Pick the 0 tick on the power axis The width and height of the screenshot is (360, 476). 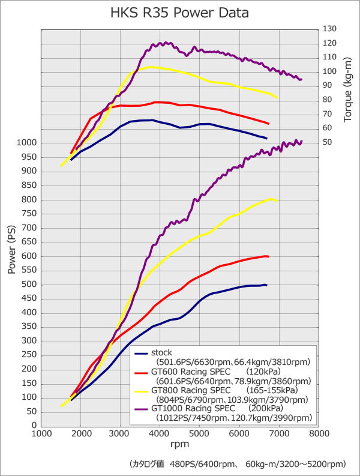34,426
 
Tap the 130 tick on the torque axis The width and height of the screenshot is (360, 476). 329,29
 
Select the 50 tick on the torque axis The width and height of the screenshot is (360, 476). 327,142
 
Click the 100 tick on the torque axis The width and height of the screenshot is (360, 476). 329,71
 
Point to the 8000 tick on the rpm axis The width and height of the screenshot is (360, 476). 319,433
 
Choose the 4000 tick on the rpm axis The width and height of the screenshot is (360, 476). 160,433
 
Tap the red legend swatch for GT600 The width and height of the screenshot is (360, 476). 141,373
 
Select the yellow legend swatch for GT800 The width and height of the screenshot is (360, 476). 141,391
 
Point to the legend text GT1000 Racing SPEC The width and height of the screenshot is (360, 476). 191,409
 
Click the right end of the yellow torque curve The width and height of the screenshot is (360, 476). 277,97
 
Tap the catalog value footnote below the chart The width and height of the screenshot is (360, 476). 238,464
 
